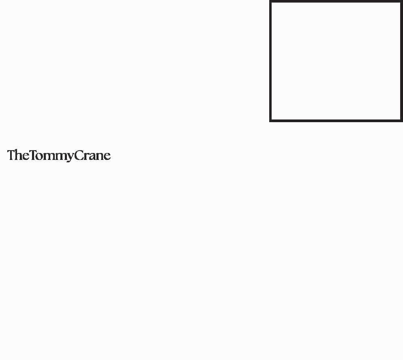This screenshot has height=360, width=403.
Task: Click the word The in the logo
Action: coord(18,155)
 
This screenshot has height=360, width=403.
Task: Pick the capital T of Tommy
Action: coord(33,155)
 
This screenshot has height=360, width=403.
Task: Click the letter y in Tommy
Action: coord(69,157)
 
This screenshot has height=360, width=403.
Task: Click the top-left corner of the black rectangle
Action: coord(270,2)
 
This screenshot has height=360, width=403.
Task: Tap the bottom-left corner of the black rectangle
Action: coord(270,121)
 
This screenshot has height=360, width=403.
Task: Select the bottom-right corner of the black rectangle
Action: coord(401,121)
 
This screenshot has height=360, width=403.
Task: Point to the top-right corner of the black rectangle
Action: coord(401,2)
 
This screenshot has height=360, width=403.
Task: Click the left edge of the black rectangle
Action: coord(270,61)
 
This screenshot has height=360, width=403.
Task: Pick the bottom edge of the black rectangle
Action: coord(336,121)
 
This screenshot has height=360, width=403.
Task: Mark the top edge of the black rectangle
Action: coord(336,2)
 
